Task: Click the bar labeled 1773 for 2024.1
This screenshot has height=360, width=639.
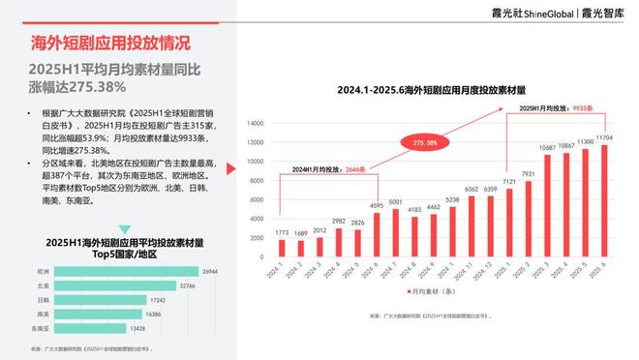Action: [x=280, y=249]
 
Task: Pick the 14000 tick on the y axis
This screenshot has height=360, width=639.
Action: [x=256, y=123]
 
